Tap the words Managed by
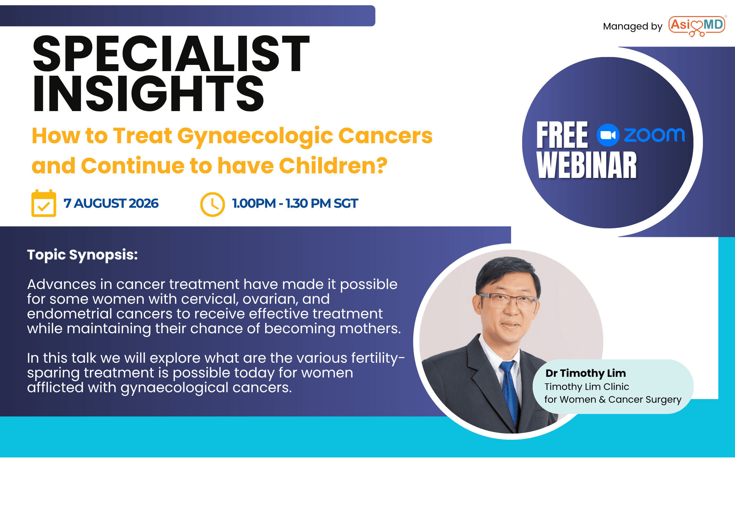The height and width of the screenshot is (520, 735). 633,27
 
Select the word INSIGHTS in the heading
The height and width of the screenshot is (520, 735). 148,93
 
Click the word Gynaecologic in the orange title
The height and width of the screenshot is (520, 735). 255,136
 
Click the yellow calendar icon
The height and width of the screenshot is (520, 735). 44,203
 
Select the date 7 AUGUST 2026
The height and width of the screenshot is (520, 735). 111,203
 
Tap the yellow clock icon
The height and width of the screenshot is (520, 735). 212,204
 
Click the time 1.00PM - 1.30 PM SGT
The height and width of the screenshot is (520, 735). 295,203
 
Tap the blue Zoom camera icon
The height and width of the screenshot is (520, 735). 608,135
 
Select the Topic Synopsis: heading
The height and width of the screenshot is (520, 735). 83,255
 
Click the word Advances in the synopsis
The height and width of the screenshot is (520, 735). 62,284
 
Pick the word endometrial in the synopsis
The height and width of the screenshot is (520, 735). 69,314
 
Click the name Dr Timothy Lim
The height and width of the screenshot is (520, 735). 586,373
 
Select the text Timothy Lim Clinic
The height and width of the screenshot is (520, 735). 587,387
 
